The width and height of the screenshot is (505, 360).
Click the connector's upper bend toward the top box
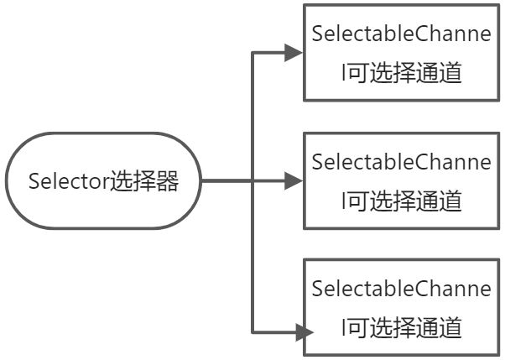[x=252, y=54]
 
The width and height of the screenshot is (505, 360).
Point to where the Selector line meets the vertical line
[x=252, y=180]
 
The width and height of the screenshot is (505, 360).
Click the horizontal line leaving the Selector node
[x=226, y=180]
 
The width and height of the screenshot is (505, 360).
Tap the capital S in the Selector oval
[x=34, y=181]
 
